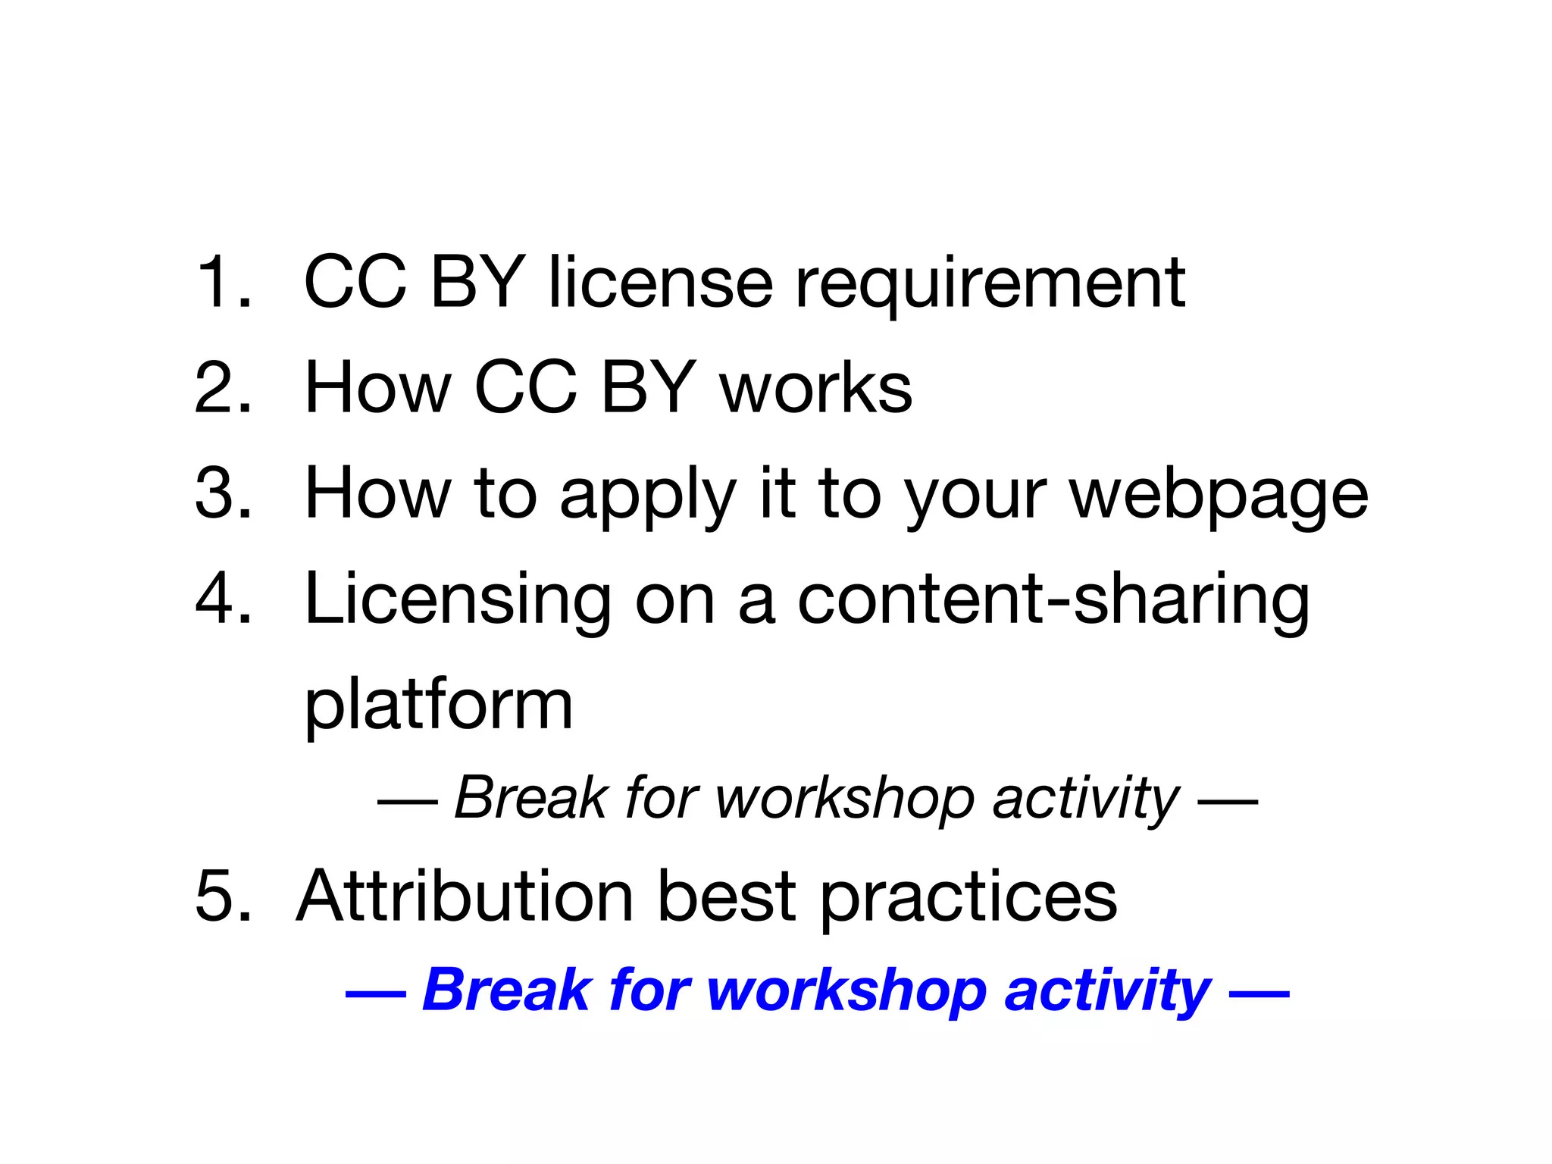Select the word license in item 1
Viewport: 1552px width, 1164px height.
pos(660,282)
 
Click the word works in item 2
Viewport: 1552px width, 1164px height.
pos(816,387)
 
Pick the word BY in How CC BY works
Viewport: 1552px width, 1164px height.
pos(648,387)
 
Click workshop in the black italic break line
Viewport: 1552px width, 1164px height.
pos(844,799)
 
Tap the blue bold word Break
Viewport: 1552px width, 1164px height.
pos(506,990)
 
